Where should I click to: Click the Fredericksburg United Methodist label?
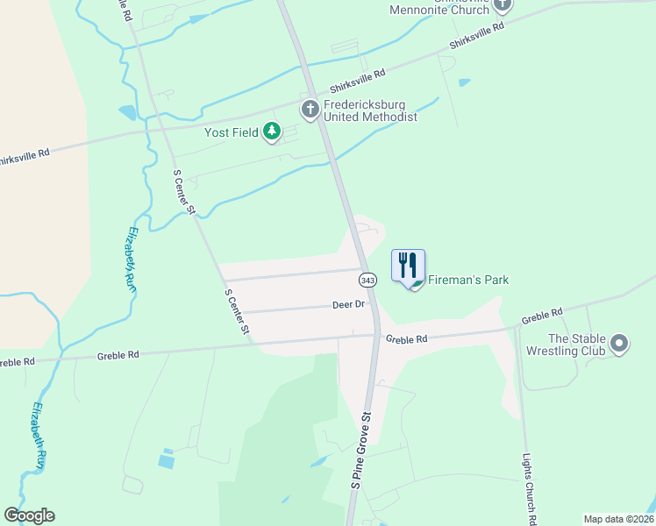(370, 110)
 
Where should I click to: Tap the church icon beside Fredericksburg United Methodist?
(310, 110)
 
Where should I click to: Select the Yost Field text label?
(232, 132)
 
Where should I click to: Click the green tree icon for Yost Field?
(272, 131)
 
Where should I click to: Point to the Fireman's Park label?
(468, 280)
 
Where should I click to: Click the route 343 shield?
(367, 279)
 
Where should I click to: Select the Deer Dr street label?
(348, 304)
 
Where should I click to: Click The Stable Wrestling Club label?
(577, 345)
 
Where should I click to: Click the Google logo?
(29, 515)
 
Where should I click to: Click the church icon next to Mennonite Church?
(503, 5)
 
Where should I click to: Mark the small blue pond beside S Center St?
(127, 112)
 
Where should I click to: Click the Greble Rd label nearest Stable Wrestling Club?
(541, 315)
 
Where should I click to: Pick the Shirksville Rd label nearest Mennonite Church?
(478, 37)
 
